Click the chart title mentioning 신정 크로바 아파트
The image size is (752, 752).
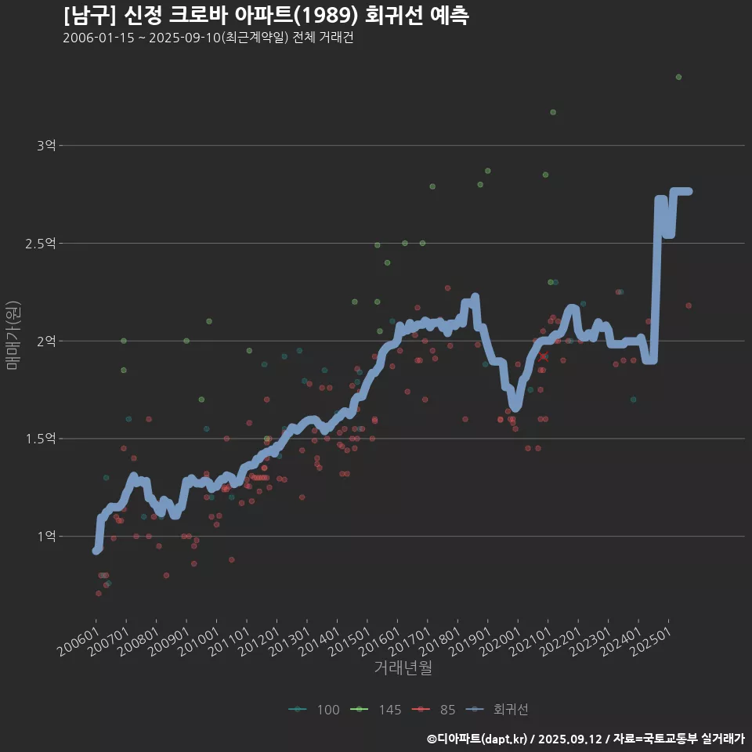click(266, 16)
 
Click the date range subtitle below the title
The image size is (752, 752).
click(208, 38)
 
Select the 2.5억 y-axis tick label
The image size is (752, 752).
click(41, 244)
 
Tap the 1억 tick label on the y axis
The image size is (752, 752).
click(46, 537)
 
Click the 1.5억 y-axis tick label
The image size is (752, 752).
click(41, 439)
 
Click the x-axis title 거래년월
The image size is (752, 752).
click(403, 668)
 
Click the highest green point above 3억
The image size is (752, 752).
click(678, 77)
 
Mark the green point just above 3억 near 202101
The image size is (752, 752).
click(553, 112)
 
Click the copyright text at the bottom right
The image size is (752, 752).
click(586, 738)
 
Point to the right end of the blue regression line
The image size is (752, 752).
click(689, 191)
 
